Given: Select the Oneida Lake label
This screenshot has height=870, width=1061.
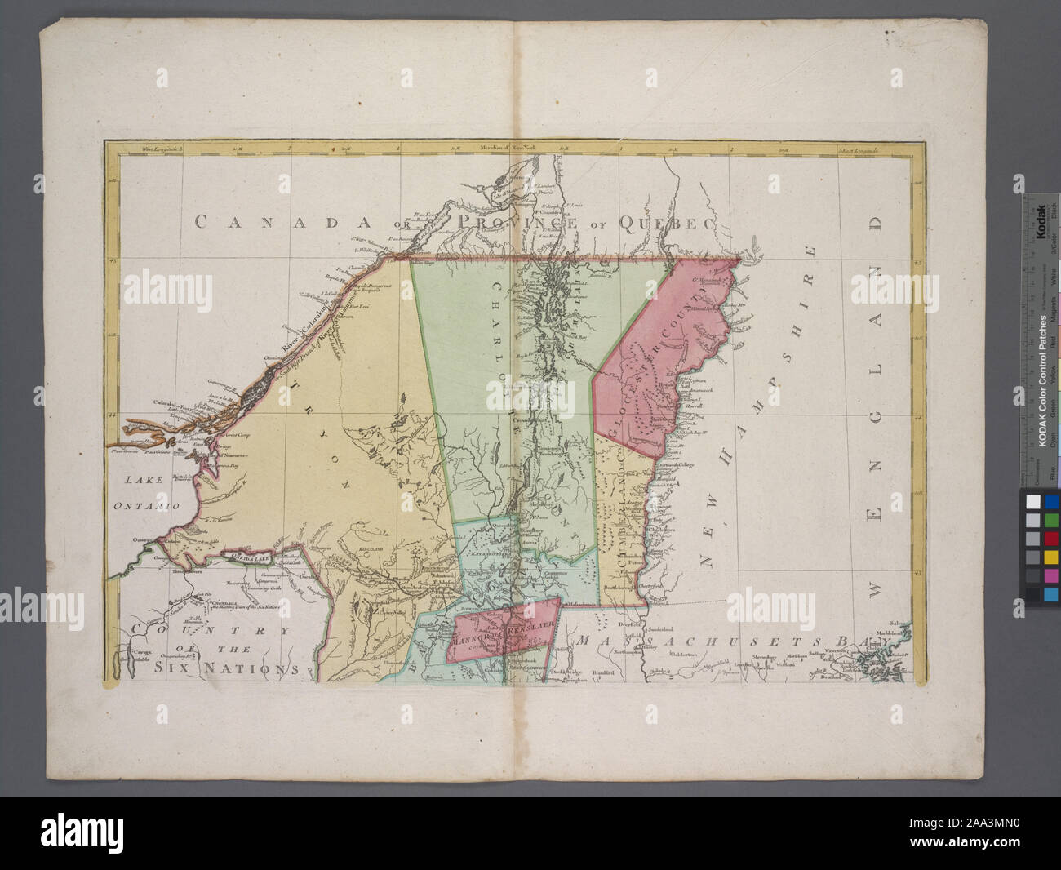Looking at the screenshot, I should [251, 557].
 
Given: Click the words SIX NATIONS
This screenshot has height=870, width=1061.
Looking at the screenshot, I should [225, 668].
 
